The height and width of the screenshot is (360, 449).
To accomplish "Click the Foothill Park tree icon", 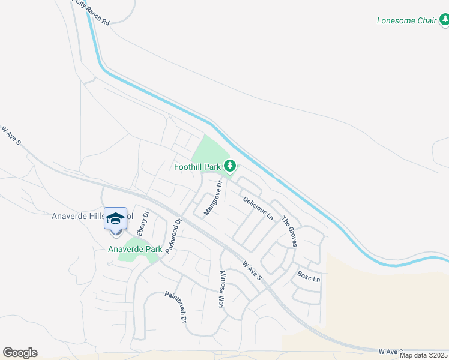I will point(229,165).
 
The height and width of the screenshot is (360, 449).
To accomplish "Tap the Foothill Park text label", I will point(199,167).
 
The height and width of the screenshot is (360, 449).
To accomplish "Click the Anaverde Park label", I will point(135,248).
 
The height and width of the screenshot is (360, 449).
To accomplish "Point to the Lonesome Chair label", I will point(406,20).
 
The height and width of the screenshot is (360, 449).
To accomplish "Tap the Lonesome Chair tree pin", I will point(444,21).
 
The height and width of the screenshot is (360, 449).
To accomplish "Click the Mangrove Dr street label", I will point(213,198).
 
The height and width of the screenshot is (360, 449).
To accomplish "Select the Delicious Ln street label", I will point(258,207).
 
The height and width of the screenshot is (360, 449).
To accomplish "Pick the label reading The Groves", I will point(290,231).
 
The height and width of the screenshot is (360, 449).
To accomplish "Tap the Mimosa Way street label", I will point(221,289).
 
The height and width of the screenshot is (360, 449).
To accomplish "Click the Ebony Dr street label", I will point(143,223).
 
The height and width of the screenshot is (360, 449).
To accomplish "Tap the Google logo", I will point(20,353).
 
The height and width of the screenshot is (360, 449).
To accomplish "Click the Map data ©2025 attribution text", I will point(424,355).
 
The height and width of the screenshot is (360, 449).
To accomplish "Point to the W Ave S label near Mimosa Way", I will point(252,271).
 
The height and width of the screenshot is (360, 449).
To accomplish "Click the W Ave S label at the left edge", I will point(10,136).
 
